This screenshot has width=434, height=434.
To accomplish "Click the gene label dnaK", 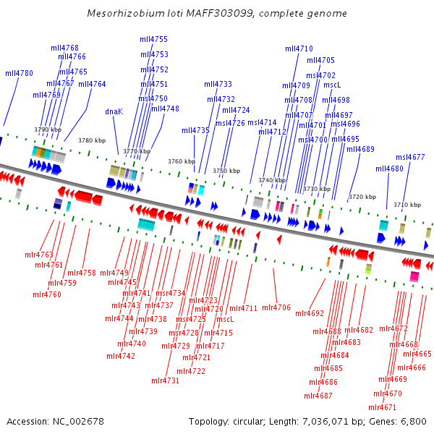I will point(114,111).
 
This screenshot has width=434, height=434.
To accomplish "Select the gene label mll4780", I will point(19,73).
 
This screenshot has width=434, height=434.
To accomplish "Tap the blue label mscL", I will point(332,85).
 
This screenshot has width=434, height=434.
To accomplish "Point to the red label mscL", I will point(225,319).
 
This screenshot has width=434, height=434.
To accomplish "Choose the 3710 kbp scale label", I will point(407,205).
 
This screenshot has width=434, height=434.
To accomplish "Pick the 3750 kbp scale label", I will point(226,171).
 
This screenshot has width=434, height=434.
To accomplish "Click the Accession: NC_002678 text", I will point(55,421).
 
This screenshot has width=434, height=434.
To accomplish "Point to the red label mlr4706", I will point(276,308).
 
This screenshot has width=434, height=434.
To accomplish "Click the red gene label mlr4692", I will point(310,313).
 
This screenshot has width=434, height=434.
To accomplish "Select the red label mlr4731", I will point(165,380).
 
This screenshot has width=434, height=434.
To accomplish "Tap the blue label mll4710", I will point(299,48).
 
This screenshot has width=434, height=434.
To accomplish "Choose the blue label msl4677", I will point(410,157).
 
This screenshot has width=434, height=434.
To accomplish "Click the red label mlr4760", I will point(46,294).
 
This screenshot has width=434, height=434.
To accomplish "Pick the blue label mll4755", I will point(153,39).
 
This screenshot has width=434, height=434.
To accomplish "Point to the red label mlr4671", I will point(383,407).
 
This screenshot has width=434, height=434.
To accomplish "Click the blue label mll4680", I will point(389,169).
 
